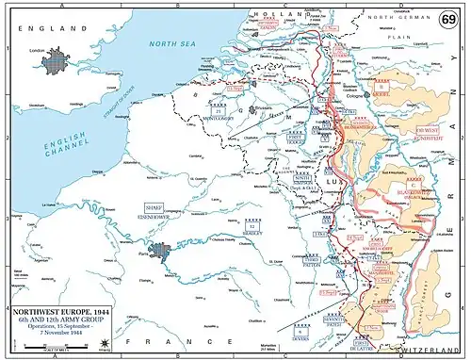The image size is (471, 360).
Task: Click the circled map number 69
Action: click(450, 20)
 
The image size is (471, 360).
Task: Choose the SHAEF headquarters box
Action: click(154, 207)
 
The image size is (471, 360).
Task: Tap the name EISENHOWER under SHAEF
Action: click(154, 216)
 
